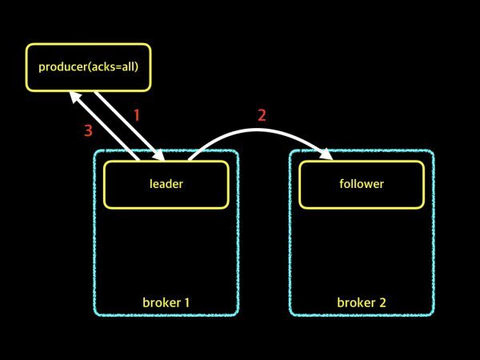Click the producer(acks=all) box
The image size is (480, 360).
coord(88,66)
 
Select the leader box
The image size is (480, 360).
coord(166,184)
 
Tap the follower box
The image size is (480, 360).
coord(362,184)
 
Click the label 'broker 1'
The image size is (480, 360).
coord(166,302)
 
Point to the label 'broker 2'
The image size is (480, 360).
coord(362,302)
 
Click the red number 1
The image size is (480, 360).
coord(136,115)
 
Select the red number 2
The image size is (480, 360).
coord(262,114)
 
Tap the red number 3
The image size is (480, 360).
coord(89,130)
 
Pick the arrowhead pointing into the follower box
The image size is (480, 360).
coord(328,155)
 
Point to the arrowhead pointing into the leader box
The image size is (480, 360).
coord(160,155)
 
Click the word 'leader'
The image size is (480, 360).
coord(166,184)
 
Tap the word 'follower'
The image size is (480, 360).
coord(362,184)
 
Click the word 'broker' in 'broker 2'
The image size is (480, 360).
coord(355,302)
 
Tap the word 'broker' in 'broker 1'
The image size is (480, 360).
coord(160,302)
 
